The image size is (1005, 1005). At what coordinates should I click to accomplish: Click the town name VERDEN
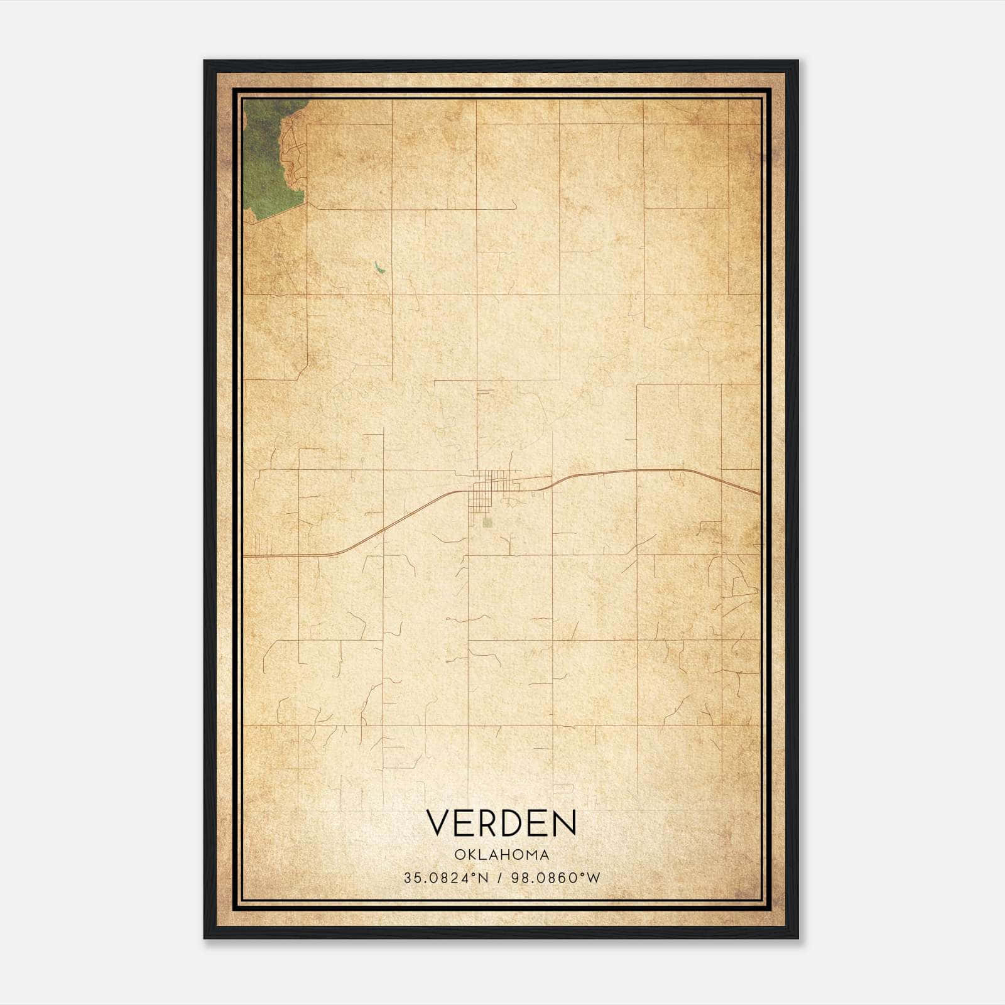tap(501, 822)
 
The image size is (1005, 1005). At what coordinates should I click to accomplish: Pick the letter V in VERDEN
tap(438, 823)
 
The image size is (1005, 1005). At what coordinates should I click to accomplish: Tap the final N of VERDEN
tap(564, 823)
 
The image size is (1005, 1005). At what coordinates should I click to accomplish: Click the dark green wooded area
tap(267, 157)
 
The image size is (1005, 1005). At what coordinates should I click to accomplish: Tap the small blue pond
tap(378, 268)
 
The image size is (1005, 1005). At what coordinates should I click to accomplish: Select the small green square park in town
tap(488, 522)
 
